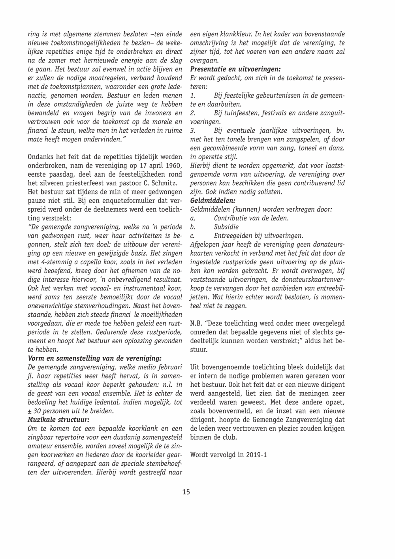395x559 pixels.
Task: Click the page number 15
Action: pos(186,492)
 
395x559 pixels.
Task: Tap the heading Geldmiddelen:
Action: pos(213,201)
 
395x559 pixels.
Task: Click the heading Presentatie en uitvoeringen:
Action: pos(235,68)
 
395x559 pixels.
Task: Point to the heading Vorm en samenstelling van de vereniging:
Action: pos(94,358)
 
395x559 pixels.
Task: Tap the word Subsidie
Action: pos(226,227)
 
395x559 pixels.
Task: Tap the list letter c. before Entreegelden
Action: pos(192,235)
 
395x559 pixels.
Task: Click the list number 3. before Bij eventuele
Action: pos(193,130)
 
